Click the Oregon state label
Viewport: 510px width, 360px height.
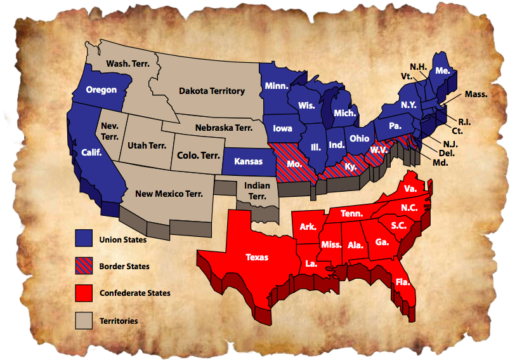pos(101,90)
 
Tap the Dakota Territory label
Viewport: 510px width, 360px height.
pos(211,91)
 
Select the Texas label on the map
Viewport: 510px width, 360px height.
pos(257,257)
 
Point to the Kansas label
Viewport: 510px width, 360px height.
pos(248,161)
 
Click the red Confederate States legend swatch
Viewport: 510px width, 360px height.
pos(84,293)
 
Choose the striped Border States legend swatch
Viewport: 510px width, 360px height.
pos(84,265)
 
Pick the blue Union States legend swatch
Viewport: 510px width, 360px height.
pos(84,239)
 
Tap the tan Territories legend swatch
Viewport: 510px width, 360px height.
pos(84,320)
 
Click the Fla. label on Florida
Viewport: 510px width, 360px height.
pos(402,282)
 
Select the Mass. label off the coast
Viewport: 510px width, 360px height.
pos(476,94)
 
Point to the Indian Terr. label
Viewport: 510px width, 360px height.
pos(257,190)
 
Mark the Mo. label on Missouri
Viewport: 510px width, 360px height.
pos(294,163)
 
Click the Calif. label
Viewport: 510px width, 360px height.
pos(92,152)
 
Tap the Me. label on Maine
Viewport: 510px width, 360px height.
pos(443,71)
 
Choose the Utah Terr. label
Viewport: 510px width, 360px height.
pos(147,145)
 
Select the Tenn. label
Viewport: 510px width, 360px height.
pos(351,214)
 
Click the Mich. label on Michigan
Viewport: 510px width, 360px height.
pos(344,113)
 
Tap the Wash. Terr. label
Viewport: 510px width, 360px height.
pos(128,64)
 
